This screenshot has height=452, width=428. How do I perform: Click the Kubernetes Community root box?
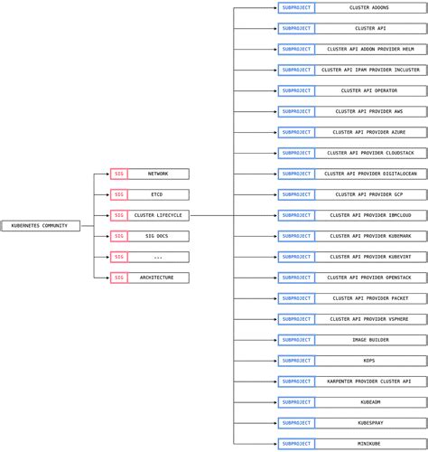click(x=41, y=226)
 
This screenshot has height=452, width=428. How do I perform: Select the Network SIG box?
click(x=158, y=174)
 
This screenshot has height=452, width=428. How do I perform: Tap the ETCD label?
click(x=157, y=194)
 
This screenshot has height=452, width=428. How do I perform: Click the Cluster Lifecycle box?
click(x=158, y=215)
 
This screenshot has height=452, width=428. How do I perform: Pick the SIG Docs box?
click(x=158, y=236)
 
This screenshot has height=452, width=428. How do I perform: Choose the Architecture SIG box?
click(x=158, y=278)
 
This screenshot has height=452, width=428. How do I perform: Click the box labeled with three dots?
click(x=158, y=257)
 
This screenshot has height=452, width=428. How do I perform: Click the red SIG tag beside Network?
click(x=119, y=174)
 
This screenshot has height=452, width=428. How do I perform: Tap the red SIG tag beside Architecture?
click(x=119, y=278)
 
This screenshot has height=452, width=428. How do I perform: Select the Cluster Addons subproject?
click(x=370, y=7)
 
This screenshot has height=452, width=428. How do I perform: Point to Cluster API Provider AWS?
click(x=370, y=111)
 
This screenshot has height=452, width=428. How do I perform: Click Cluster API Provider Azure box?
click(x=370, y=132)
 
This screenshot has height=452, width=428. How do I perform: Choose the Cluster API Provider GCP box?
click(x=370, y=194)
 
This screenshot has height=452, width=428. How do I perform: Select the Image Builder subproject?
click(x=370, y=340)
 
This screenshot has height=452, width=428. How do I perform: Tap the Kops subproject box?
click(x=370, y=361)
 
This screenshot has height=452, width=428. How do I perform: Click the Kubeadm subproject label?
click(x=370, y=402)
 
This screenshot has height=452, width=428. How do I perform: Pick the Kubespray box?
click(x=370, y=423)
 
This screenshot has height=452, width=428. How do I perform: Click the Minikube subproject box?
click(x=370, y=444)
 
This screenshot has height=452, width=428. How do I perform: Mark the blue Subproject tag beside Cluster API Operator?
click(x=296, y=90)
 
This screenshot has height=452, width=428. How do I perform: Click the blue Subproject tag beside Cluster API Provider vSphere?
click(x=296, y=319)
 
